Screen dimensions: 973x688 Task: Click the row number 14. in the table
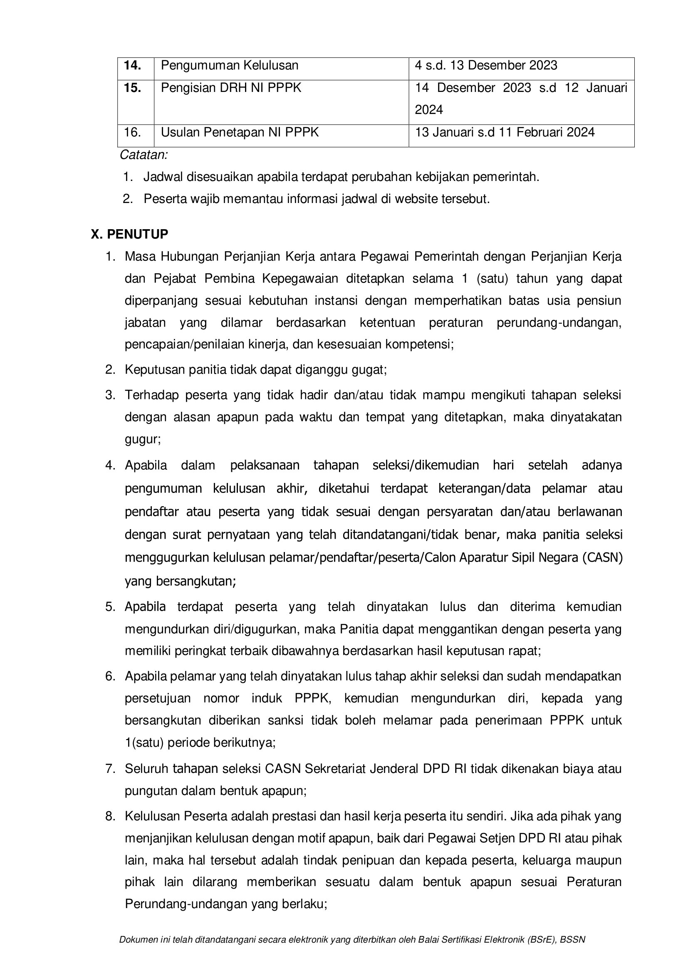click(132, 66)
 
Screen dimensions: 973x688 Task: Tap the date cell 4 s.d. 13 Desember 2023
click(486, 66)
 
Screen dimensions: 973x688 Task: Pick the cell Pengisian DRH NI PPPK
click(231, 88)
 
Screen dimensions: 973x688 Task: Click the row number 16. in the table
click(132, 133)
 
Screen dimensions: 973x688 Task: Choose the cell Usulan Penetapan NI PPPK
click(239, 133)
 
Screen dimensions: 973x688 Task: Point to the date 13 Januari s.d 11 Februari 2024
click(505, 133)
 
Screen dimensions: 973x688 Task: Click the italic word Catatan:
click(144, 155)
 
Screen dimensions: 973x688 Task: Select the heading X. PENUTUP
click(129, 234)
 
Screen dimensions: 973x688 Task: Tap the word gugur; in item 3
click(142, 439)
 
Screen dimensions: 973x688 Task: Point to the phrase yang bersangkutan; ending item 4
click(180, 581)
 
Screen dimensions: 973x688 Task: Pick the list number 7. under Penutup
click(111, 769)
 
